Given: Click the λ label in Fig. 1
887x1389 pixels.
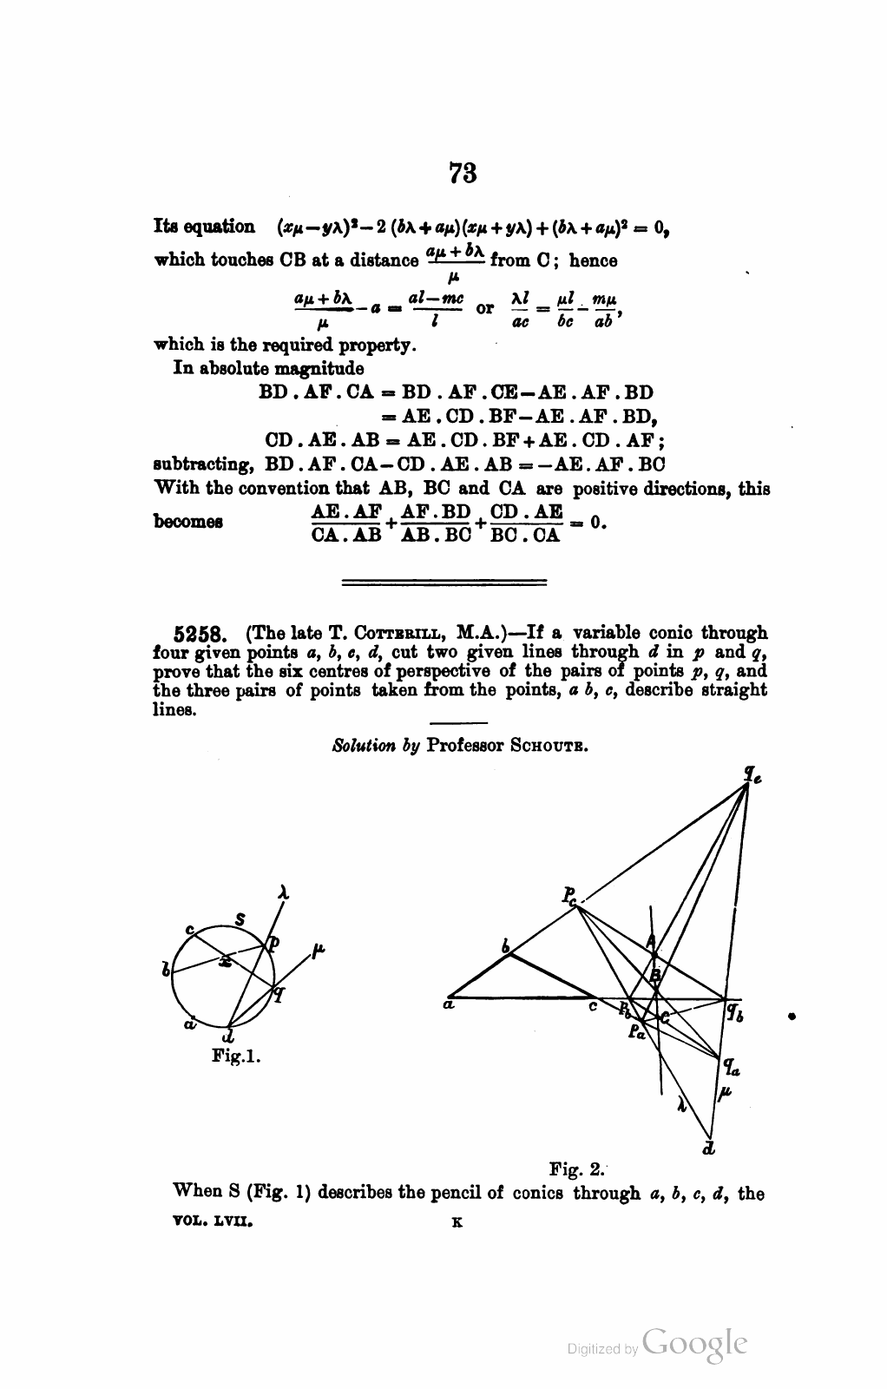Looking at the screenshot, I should coord(283,892).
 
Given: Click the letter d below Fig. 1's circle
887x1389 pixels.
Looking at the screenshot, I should coord(228,1037).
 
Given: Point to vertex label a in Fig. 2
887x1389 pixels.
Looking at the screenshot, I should coord(448,1006).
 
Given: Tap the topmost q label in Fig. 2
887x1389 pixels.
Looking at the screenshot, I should coord(751,772).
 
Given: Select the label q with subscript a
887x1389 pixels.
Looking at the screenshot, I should coord(731,1067).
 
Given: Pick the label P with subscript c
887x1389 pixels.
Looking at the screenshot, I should coord(569,896).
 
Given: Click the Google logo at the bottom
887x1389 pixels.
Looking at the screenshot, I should coord(693,1343).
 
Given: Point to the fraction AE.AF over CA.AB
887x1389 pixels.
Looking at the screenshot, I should coord(346,523).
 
